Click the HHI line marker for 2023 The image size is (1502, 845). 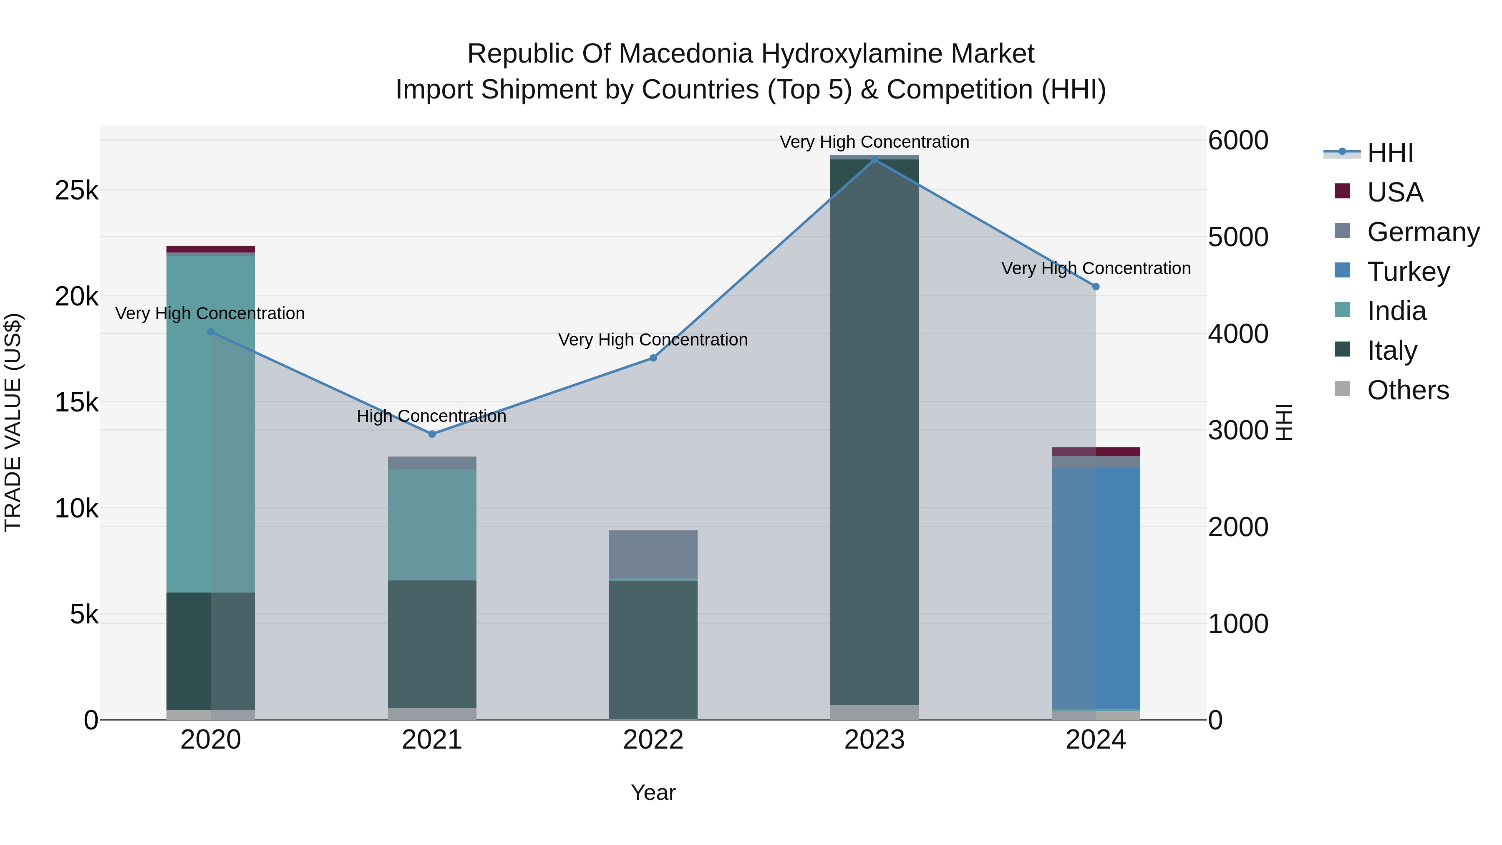(874, 159)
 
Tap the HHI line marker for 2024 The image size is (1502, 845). (1096, 286)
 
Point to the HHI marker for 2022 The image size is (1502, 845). (653, 358)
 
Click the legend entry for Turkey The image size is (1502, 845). (1408, 271)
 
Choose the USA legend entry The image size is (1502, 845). (1395, 192)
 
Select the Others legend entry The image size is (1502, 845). (1408, 390)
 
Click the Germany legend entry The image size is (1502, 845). (1423, 232)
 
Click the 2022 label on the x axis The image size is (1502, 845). (653, 740)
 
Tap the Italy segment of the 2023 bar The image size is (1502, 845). (874, 431)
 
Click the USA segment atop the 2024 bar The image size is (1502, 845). (1096, 452)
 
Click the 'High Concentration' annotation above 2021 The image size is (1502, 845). (431, 416)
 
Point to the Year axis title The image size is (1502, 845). (653, 792)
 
